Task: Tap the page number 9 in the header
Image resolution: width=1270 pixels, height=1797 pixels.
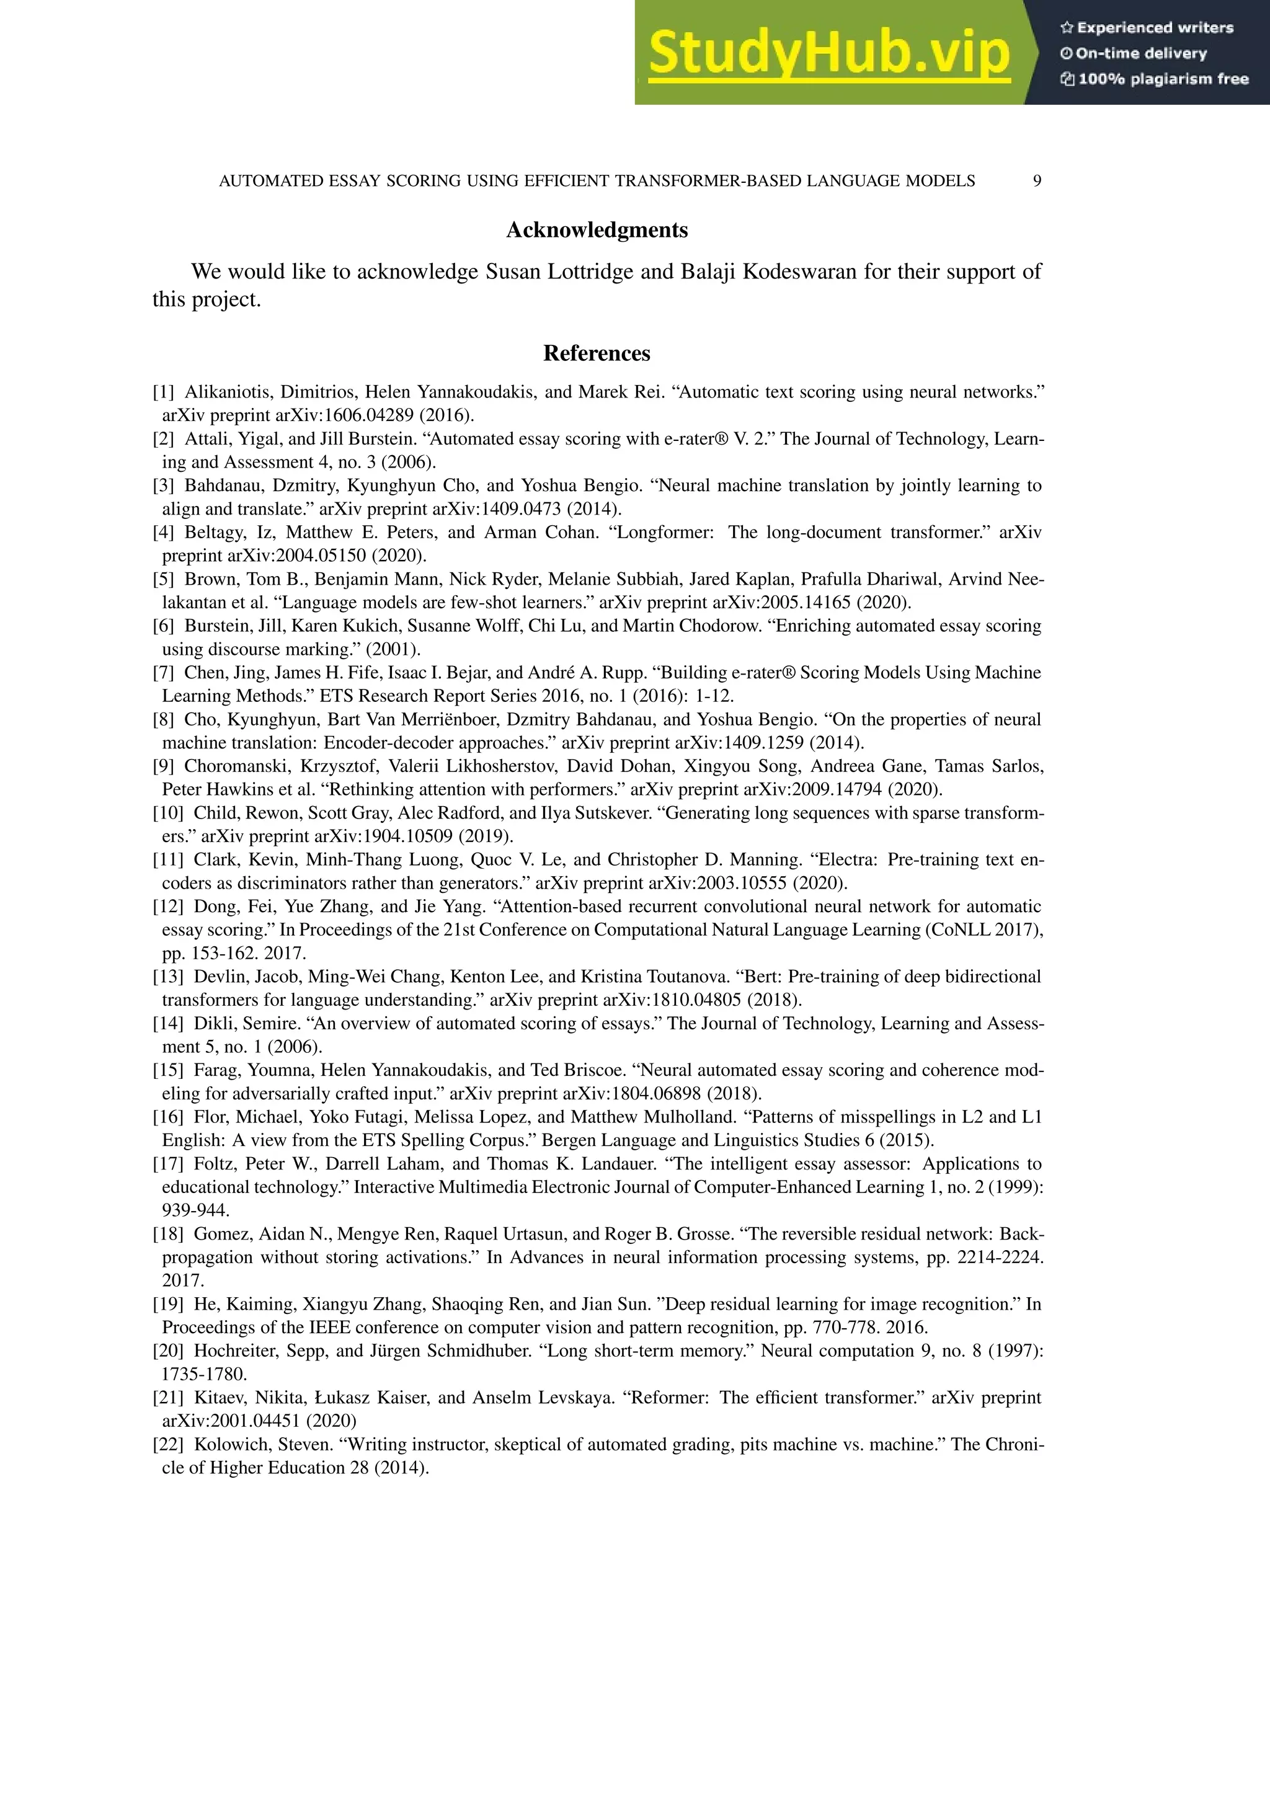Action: (x=1037, y=181)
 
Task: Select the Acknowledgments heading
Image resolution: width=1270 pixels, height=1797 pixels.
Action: (x=597, y=230)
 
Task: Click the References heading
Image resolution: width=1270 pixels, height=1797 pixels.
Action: (x=597, y=354)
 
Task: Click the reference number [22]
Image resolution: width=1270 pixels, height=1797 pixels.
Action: (x=167, y=1444)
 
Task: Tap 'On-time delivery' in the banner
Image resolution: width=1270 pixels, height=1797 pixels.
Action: (x=1141, y=53)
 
